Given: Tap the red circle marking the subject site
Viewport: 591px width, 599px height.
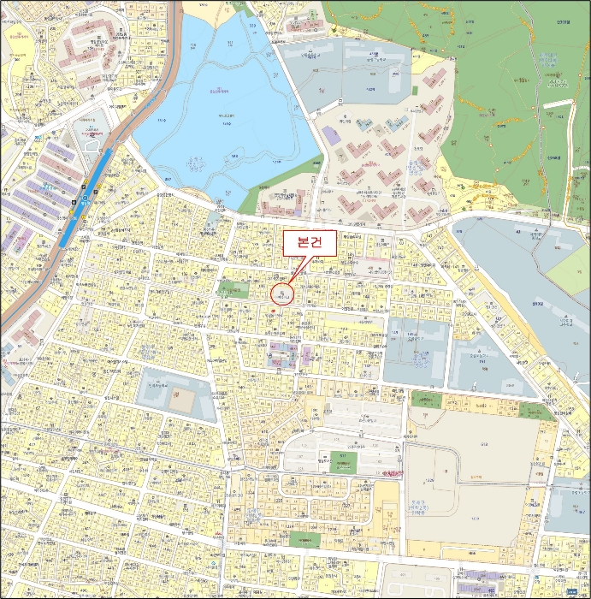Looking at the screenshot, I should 281,294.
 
